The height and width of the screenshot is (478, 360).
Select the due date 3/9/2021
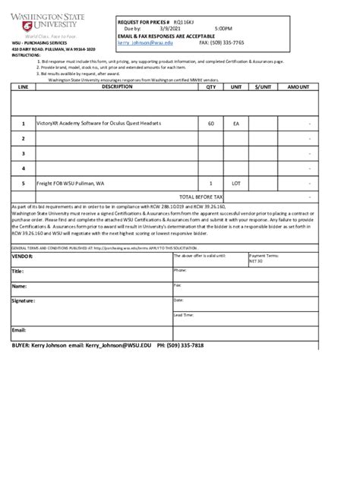pos(169,30)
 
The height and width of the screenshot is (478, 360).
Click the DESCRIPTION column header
pos(116,87)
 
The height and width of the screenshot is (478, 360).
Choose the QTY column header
pos(210,87)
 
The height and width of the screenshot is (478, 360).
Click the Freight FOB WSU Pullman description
pos(74,184)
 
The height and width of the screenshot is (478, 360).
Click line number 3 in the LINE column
pos(24,153)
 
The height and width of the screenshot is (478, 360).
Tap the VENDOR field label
pos(24,256)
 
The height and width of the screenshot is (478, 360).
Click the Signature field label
pos(24,301)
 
